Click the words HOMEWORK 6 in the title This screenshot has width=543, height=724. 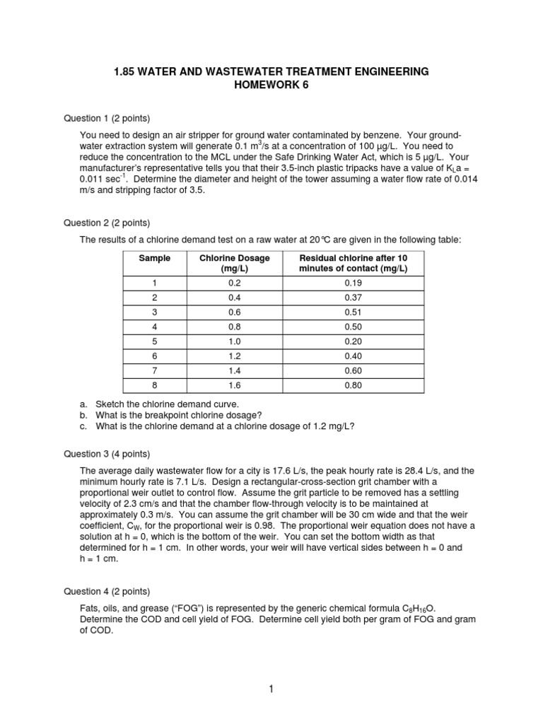[x=271, y=86]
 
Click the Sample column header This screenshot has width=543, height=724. [x=154, y=258]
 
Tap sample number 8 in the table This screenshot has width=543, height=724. [x=154, y=385]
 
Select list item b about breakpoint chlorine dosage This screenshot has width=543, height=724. [x=177, y=414]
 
